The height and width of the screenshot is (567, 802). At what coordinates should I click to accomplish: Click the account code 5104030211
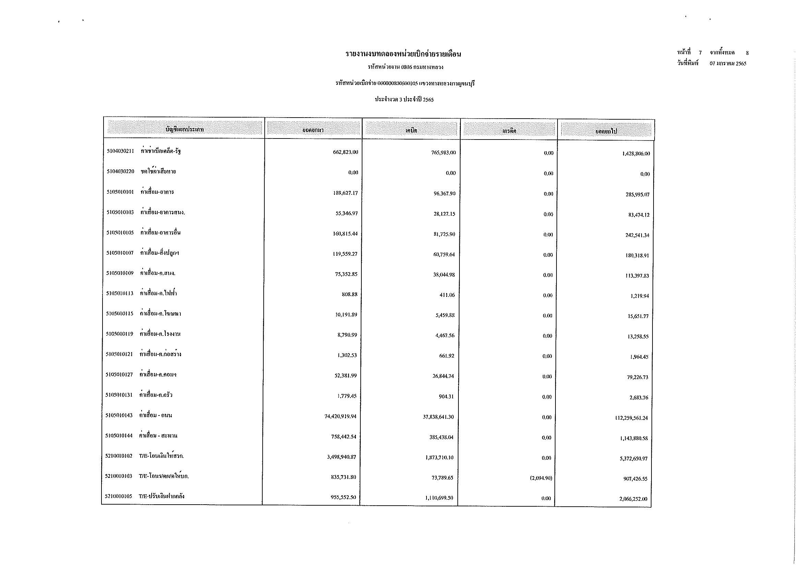click(x=120, y=151)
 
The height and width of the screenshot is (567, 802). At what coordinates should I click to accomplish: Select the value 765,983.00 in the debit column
click(x=443, y=153)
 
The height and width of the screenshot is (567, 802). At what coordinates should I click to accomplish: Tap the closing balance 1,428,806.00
click(x=636, y=154)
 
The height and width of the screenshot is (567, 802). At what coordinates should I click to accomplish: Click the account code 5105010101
click(x=120, y=192)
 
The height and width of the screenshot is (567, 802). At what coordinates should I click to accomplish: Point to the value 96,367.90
click(x=444, y=194)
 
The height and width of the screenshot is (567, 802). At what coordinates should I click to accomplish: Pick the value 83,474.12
click(x=638, y=215)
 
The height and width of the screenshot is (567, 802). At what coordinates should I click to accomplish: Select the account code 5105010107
click(x=120, y=253)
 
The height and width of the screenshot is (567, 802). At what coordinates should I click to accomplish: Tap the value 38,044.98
click(x=444, y=275)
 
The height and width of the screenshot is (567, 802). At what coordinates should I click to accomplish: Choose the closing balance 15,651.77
click(x=638, y=316)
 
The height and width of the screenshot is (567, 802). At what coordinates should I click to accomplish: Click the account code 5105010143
click(x=119, y=415)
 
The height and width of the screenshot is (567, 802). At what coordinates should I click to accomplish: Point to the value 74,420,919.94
click(x=340, y=416)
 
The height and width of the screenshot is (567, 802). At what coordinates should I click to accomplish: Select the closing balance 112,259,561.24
click(x=632, y=418)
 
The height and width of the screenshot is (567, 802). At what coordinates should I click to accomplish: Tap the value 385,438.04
click(x=442, y=437)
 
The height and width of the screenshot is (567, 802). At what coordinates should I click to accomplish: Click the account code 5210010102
click(x=119, y=456)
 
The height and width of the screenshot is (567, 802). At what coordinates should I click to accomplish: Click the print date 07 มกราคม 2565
click(x=728, y=63)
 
